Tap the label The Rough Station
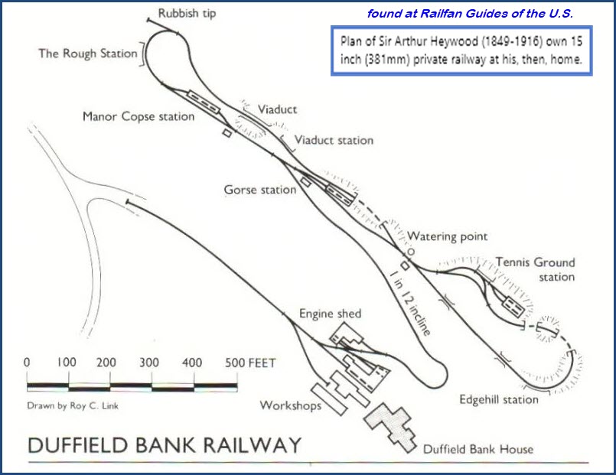88,54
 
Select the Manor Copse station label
139,117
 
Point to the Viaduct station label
334,140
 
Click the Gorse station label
259,189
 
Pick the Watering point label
447,237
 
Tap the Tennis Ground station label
535,269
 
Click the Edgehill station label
499,399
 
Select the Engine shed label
330,314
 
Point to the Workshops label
291,405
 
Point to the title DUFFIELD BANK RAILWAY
165,445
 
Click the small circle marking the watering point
410,250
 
